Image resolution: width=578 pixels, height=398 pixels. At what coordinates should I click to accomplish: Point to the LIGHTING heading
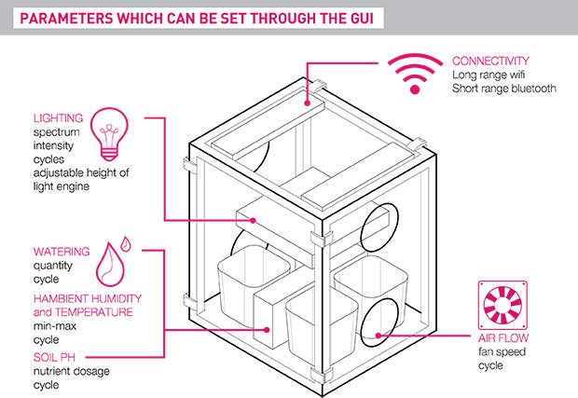[58, 118]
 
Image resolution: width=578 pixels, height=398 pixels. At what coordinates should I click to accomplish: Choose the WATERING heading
[62, 252]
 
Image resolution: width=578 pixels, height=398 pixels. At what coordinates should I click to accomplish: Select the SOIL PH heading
[55, 355]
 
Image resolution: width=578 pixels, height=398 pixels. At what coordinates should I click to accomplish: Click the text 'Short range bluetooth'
[503, 89]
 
